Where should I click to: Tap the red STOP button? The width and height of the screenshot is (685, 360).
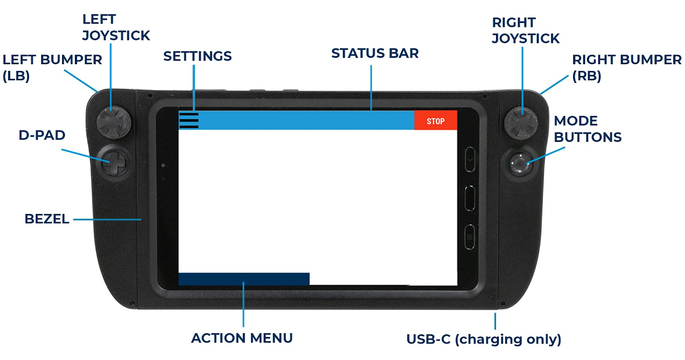(x=436, y=120)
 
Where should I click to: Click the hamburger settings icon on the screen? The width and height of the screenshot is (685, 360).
(x=189, y=120)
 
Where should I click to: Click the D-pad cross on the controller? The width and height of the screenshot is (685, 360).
(x=114, y=163)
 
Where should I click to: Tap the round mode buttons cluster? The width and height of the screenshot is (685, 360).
(x=520, y=164)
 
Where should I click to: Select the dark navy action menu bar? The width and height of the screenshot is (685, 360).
(x=243, y=279)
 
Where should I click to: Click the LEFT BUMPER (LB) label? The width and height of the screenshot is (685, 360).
(x=52, y=68)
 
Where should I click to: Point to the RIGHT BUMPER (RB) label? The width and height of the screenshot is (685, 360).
(x=627, y=68)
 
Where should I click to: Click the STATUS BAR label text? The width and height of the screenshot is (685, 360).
(x=375, y=53)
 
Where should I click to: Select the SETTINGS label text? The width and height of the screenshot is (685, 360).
(x=197, y=56)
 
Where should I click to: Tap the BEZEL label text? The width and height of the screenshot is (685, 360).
(x=47, y=219)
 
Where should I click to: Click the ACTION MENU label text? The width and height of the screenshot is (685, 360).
(x=242, y=338)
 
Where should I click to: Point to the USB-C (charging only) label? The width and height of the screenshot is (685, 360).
(x=484, y=339)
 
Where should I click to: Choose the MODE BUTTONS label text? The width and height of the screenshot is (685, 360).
(x=588, y=129)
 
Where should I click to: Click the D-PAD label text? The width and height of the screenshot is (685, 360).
(x=42, y=135)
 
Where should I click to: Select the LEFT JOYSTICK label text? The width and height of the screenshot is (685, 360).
(x=116, y=27)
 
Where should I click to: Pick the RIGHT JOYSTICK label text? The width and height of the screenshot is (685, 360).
(x=526, y=30)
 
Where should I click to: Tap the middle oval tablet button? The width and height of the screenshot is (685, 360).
(x=470, y=198)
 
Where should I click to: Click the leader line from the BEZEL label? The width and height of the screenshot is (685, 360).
(x=108, y=219)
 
